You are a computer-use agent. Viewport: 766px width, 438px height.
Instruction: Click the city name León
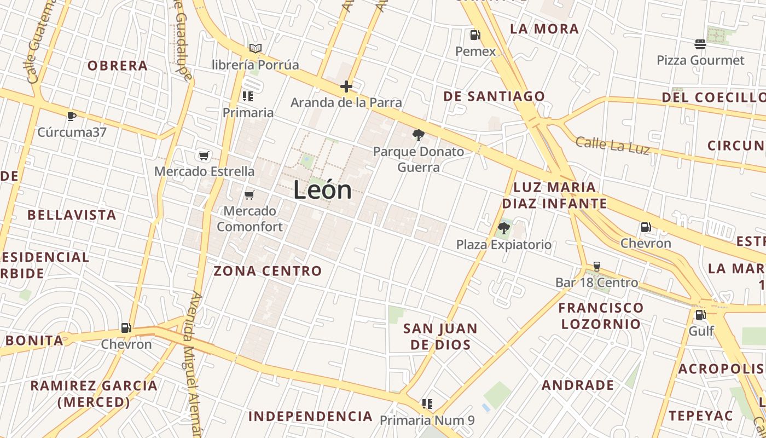click(x=322, y=191)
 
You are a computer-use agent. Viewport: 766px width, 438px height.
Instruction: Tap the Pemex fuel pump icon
click(x=475, y=36)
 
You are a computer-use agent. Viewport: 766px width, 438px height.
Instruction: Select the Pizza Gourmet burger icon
click(x=700, y=44)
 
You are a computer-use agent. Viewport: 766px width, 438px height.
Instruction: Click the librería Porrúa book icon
click(x=255, y=48)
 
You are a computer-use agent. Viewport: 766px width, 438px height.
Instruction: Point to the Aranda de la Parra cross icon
click(x=346, y=87)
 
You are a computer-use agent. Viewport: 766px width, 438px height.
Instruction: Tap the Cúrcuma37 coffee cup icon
click(x=71, y=116)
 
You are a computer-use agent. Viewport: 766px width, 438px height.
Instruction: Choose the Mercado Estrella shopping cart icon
click(x=204, y=156)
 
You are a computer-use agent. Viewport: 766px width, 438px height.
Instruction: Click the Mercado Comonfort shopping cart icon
click(x=249, y=195)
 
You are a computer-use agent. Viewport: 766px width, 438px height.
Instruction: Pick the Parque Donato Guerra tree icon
click(x=418, y=135)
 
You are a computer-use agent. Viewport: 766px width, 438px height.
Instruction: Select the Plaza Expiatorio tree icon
click(x=503, y=228)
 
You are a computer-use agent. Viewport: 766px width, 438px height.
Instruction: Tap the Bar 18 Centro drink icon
click(x=596, y=267)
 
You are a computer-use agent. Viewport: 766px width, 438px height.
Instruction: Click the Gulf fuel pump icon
click(x=700, y=315)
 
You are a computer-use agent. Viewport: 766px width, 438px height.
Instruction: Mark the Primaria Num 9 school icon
click(x=427, y=404)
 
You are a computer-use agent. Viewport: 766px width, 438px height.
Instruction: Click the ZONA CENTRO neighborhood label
click(x=268, y=271)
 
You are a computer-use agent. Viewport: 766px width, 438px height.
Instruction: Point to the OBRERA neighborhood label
click(x=118, y=66)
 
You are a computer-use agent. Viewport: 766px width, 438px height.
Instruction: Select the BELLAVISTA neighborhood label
click(x=72, y=215)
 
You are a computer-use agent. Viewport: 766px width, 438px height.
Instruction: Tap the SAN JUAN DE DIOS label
click(x=440, y=337)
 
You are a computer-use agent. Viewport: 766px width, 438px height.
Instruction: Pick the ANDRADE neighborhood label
click(x=578, y=385)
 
